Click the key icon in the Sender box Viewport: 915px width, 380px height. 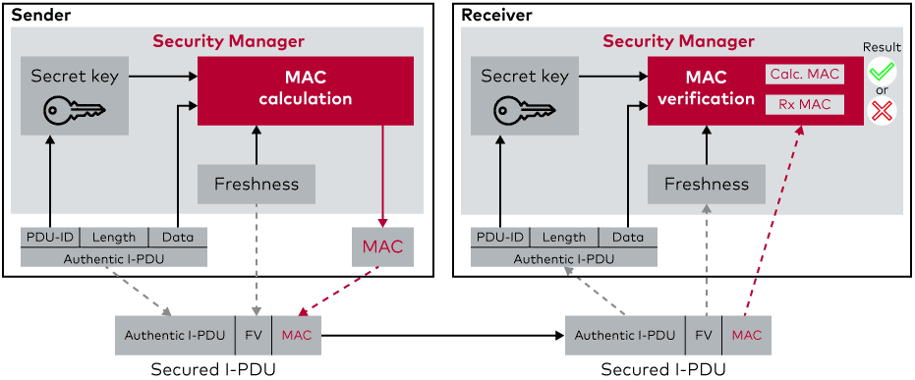point(76,110)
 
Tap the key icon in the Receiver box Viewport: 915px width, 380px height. point(525,110)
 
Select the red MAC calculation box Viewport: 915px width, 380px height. point(306,90)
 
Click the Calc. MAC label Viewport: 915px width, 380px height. point(805,74)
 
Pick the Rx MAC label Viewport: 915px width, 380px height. point(805,105)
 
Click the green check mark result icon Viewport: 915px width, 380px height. point(882,72)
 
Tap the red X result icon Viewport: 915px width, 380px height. point(882,111)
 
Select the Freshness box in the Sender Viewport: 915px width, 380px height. point(257,185)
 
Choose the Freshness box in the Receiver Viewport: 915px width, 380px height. point(706,185)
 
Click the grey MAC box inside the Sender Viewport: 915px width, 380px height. point(382,246)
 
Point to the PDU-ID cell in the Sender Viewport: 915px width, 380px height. point(50,238)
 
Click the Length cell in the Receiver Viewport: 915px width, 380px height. point(564,238)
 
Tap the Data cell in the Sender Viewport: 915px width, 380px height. point(178,238)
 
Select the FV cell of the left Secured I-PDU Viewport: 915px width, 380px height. point(254,335)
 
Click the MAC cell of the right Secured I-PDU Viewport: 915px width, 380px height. point(747,335)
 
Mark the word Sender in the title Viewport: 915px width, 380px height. point(41,15)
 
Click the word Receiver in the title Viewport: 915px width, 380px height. point(497,15)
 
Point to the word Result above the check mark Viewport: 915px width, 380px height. point(882,46)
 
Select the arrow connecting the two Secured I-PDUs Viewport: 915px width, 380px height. point(443,335)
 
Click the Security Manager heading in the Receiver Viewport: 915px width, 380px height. point(679,42)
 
